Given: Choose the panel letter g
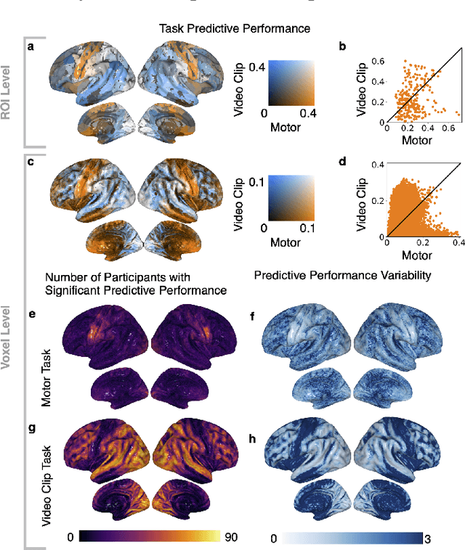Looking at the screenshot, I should [x=31, y=427].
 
